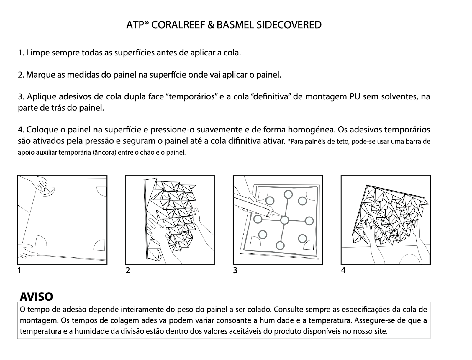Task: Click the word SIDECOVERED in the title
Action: click(289, 25)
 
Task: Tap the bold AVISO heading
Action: click(36, 297)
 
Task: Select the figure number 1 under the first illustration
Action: click(19, 270)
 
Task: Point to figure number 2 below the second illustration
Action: click(128, 270)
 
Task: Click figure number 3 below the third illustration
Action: click(235, 270)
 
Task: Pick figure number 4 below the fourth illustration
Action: click(343, 270)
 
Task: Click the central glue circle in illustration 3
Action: click(284, 220)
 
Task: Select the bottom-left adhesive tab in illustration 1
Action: click(40, 241)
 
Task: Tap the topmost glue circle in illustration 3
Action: click(288, 194)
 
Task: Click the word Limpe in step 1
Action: click(35, 53)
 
